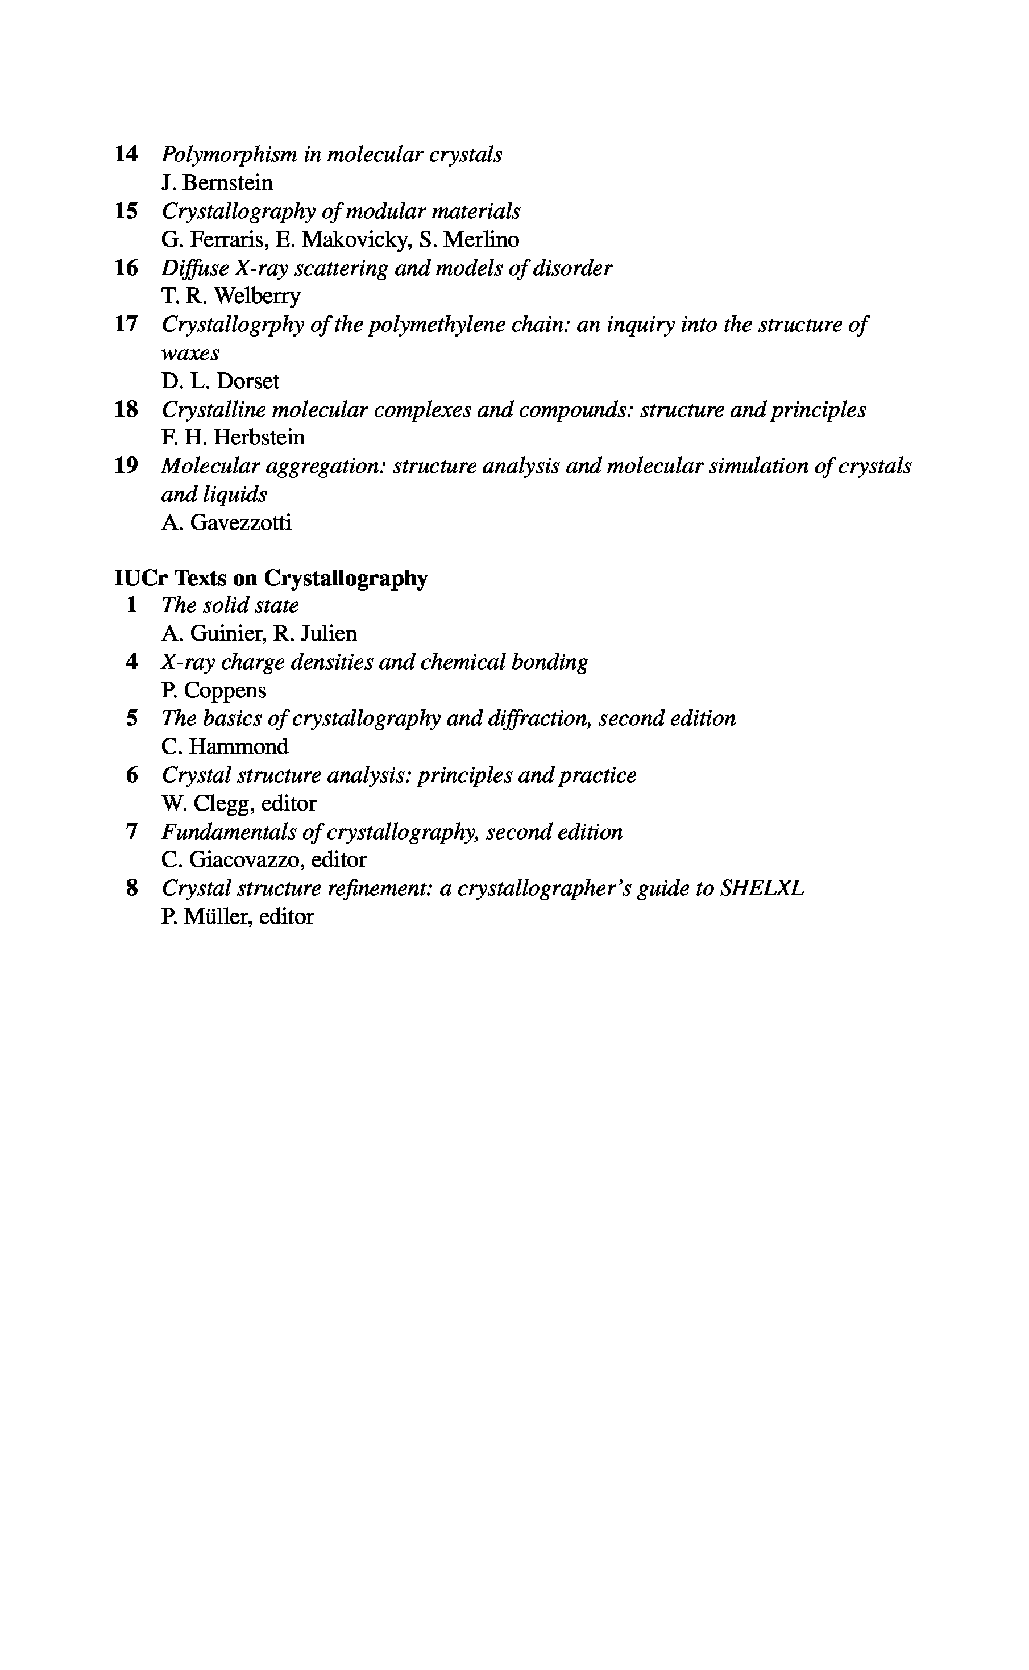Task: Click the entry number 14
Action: click(x=126, y=155)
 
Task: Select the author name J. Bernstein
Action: click(x=217, y=183)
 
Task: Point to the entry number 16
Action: click(x=126, y=268)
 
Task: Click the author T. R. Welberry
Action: click(x=230, y=296)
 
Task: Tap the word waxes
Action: click(x=190, y=353)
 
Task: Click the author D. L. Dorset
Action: click(x=220, y=381)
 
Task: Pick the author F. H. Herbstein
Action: click(x=233, y=438)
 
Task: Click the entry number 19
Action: click(x=126, y=466)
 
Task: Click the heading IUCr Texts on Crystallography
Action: click(x=271, y=578)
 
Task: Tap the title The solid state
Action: click(x=230, y=605)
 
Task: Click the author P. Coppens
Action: click(x=214, y=691)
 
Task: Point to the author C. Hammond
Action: click(x=225, y=747)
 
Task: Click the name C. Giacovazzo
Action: click(x=231, y=861)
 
